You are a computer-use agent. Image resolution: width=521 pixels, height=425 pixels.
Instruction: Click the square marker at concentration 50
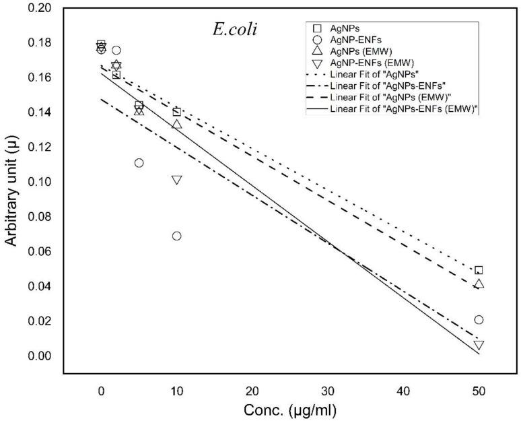479,270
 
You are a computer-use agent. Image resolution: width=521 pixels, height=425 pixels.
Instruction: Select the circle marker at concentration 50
479,319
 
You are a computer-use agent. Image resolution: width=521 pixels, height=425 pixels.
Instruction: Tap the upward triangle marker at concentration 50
479,284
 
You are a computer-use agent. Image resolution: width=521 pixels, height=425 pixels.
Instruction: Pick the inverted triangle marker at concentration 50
479,345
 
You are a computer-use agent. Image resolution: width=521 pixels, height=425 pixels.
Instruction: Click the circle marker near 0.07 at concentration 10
176,236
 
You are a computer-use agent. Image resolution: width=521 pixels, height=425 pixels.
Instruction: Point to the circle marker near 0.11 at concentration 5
139,163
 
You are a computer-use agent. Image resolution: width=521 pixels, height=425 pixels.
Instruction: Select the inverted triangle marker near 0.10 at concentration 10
176,180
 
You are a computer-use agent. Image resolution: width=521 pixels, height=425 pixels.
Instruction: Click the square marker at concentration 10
176,112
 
